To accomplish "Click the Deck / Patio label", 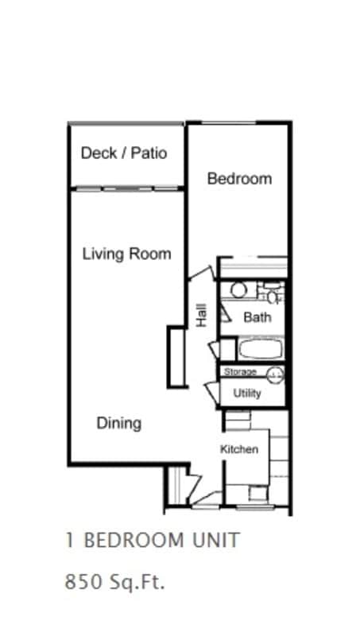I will click(x=124, y=153).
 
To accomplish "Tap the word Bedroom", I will click(x=239, y=179).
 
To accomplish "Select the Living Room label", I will click(x=127, y=254).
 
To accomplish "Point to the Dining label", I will click(x=119, y=423).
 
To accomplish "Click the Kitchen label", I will click(x=239, y=450).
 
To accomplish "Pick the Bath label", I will click(x=257, y=317).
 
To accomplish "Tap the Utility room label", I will click(x=247, y=394).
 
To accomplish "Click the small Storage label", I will click(x=240, y=372).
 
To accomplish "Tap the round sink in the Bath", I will click(x=238, y=290).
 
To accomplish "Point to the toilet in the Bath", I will click(x=273, y=294).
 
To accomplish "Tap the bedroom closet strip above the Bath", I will click(x=252, y=265).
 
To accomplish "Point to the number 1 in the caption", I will click(x=70, y=541).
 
